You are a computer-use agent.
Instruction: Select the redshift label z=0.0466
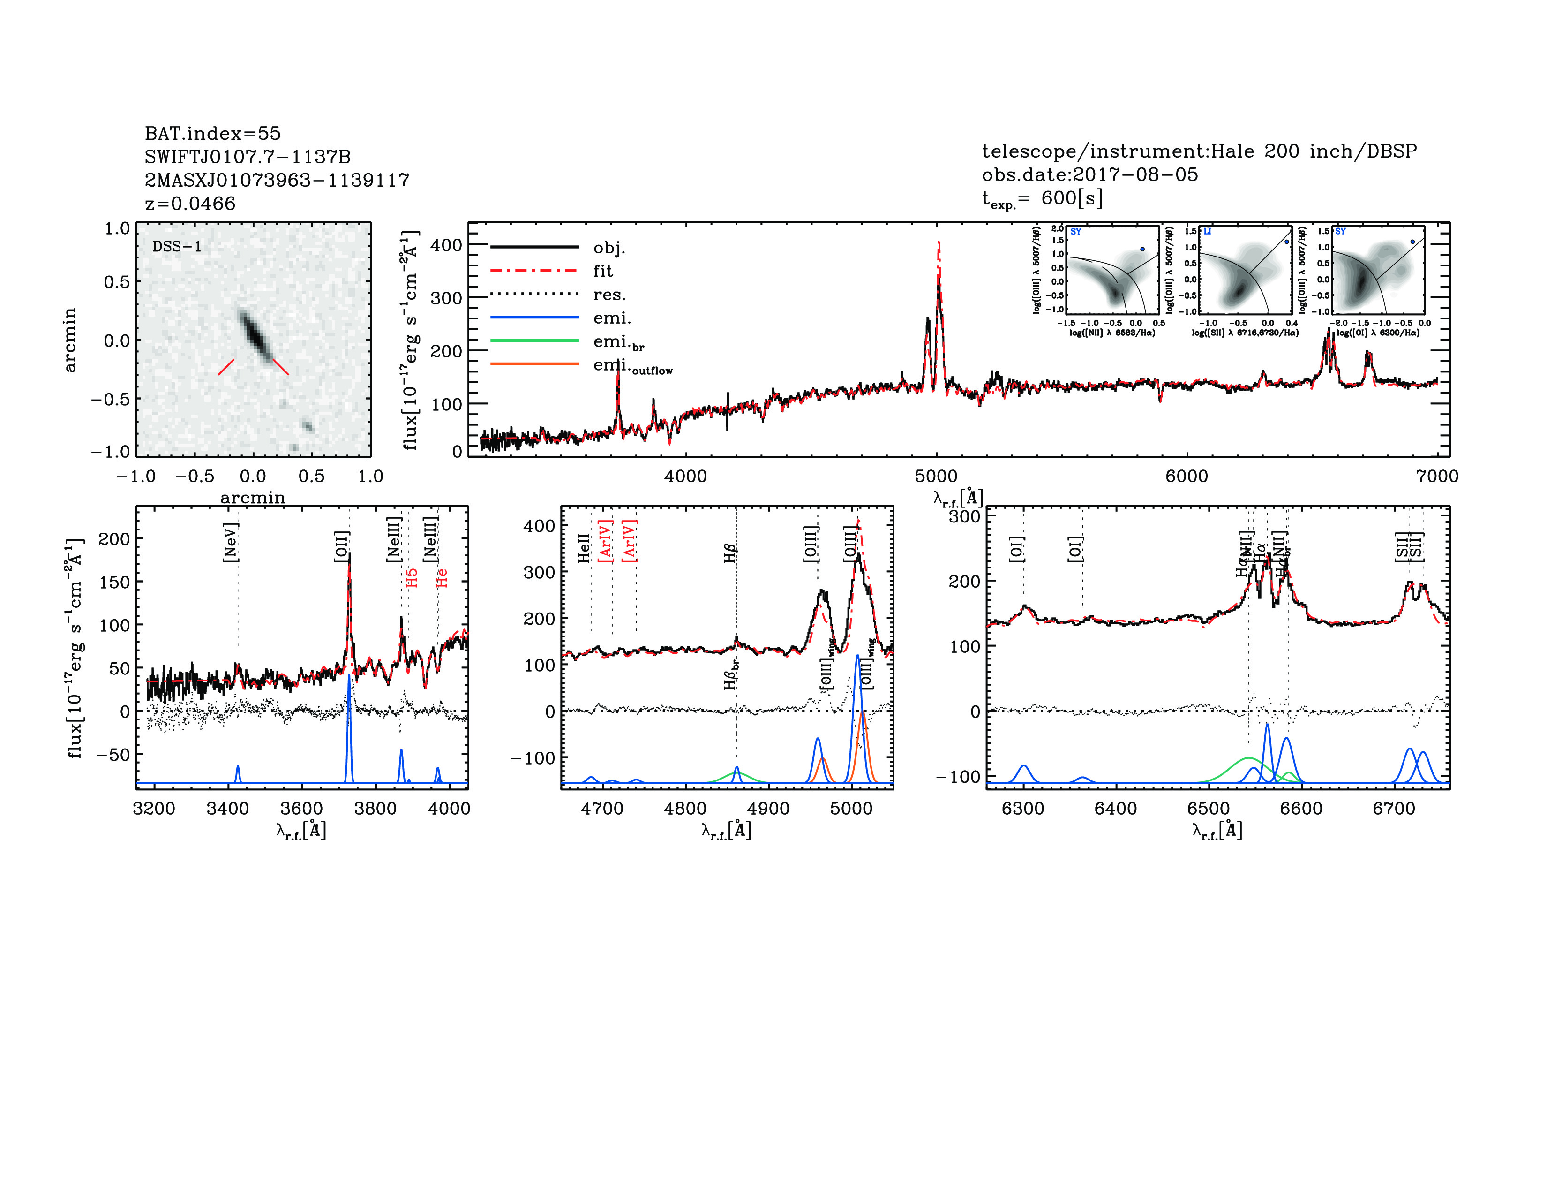[190, 204]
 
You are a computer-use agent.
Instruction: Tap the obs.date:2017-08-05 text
[1089, 174]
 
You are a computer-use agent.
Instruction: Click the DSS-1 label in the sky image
[177, 247]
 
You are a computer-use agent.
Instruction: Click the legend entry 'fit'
[603, 271]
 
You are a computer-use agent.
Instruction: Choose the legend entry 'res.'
[609, 294]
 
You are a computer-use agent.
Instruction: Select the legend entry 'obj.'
[609, 247]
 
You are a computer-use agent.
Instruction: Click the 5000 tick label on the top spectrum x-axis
[937, 476]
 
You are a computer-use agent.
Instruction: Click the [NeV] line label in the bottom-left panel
[230, 542]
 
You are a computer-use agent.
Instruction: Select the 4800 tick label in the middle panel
[685, 809]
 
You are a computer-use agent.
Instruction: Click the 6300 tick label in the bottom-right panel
[1023, 809]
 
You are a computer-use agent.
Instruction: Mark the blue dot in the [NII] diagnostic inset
[1142, 250]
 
